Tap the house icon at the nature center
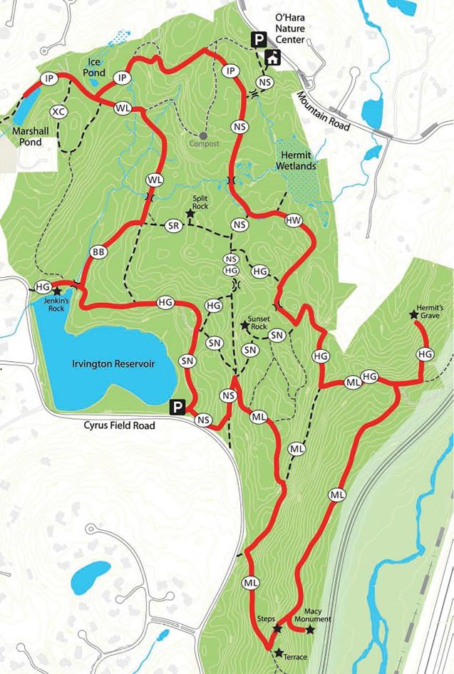[272, 58]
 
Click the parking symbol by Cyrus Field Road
[177, 408]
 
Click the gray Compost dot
[203, 135]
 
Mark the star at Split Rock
[190, 213]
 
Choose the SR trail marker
[172, 226]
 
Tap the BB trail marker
[98, 252]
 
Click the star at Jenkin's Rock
[57, 291]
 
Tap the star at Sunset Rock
[244, 325]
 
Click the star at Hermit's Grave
[413, 314]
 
